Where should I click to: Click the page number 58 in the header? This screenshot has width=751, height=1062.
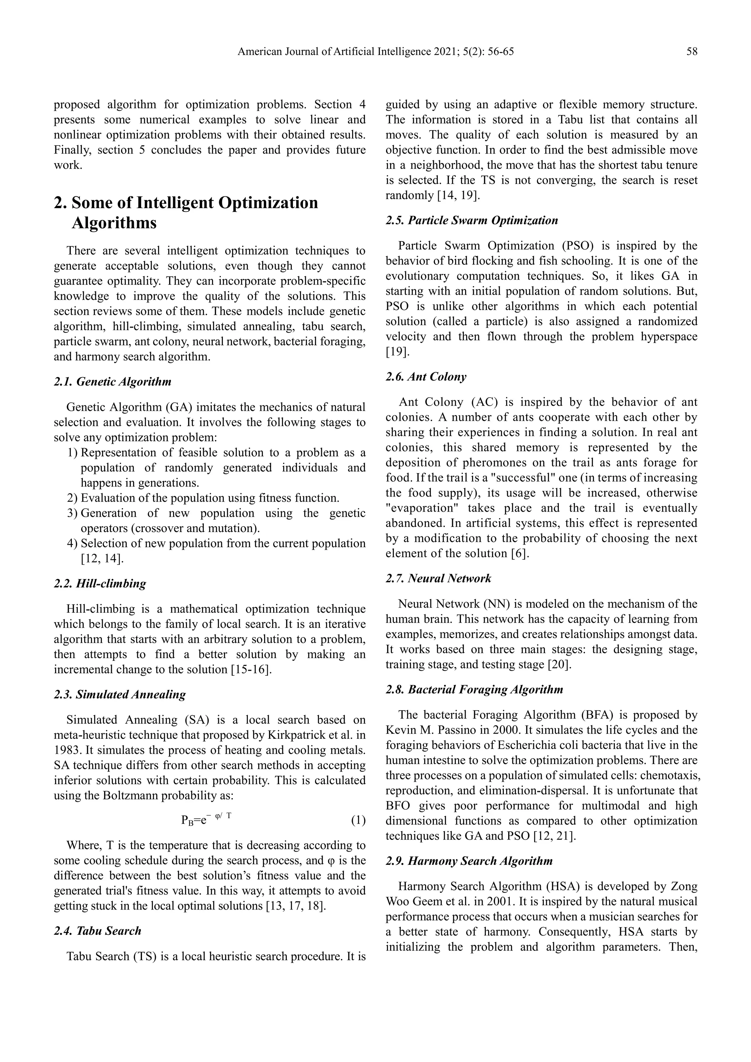691,51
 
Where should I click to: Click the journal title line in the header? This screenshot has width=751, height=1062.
375,51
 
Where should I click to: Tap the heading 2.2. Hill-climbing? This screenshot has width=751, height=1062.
100,583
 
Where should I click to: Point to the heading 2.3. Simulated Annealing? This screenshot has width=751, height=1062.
120,694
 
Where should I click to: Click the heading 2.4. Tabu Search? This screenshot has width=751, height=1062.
98,931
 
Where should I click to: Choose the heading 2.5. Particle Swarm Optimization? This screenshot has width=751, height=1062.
472,220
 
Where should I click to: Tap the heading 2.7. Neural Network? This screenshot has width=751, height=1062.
438,578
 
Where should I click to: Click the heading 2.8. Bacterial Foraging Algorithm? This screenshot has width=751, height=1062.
474,689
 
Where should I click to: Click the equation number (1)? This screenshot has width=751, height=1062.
358,820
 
